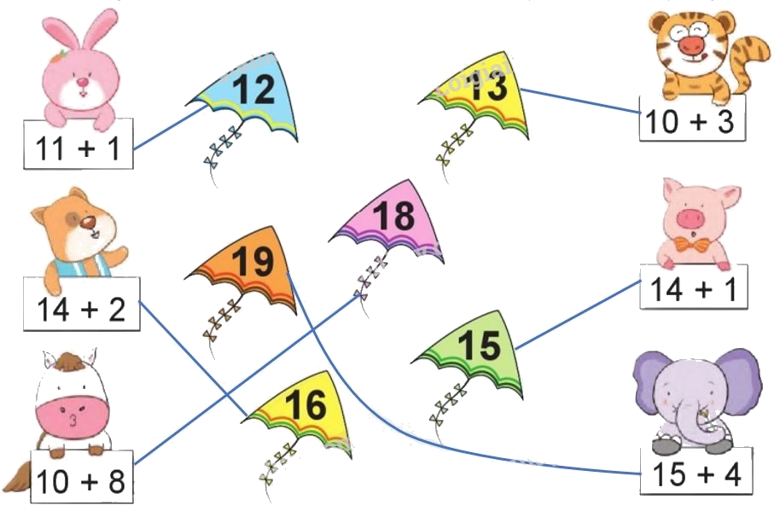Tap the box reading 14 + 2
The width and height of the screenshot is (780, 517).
[x=82, y=307]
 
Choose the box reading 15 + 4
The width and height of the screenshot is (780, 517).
[x=696, y=473]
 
